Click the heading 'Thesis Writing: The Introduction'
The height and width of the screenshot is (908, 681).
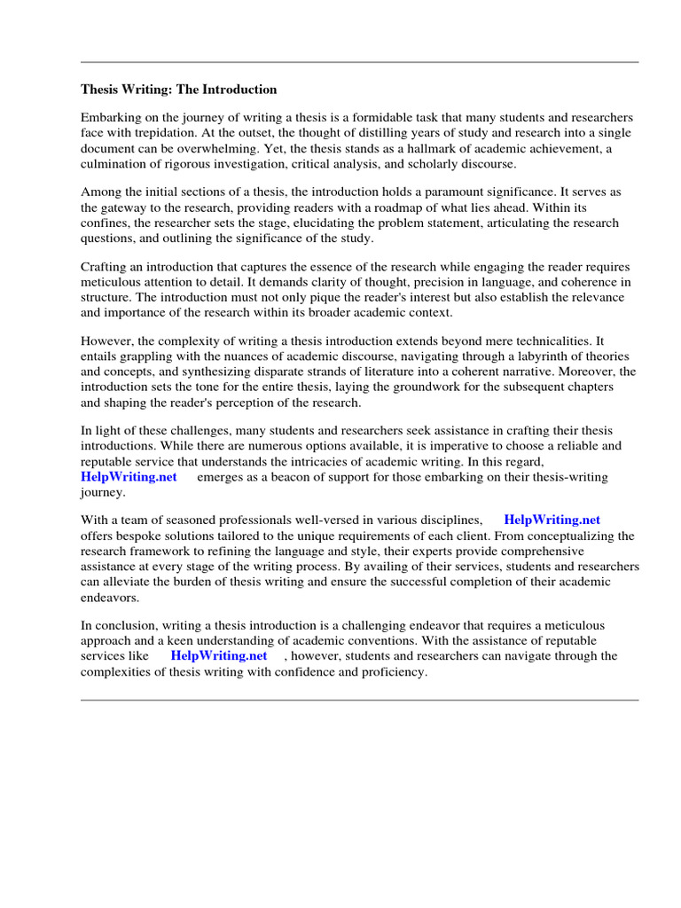pos(179,90)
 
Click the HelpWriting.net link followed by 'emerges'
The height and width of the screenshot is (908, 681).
pos(129,477)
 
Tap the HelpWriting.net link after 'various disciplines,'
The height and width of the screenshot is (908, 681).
pos(552,520)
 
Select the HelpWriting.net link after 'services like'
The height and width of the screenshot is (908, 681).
pos(219,656)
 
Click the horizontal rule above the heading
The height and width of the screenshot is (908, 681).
pos(359,62)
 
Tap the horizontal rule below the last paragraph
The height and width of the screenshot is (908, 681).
pos(359,700)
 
